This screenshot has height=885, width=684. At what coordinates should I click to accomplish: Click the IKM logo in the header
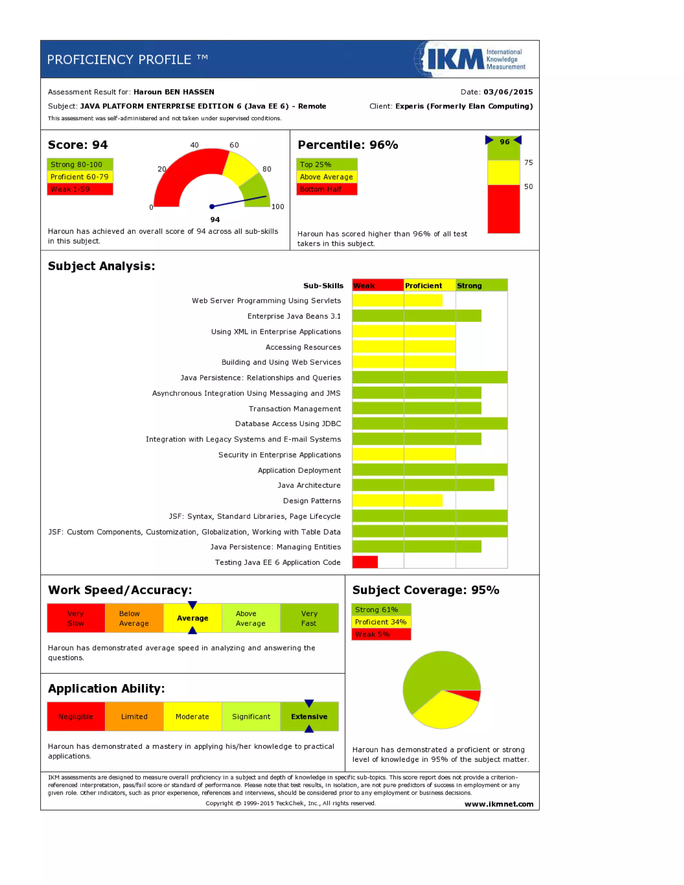pos(470,59)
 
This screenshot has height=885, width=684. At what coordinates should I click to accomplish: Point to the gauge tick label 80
pos(267,169)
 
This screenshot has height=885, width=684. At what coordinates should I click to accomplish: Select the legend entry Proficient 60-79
pos(80,177)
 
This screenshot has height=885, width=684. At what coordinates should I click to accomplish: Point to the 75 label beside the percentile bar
pos(528,163)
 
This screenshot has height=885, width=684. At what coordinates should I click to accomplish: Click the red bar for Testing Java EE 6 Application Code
pos(365,562)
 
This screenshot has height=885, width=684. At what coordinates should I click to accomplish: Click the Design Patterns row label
pos(312,501)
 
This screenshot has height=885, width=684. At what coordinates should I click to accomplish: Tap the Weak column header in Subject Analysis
pos(378,285)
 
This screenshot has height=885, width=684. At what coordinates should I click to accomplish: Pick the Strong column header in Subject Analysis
pos(481,285)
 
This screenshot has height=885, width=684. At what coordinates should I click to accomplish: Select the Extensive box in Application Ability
pos(309,716)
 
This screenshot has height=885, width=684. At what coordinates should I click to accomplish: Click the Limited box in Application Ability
pos(134,716)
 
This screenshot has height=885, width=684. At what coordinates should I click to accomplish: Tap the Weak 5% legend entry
pos(381,634)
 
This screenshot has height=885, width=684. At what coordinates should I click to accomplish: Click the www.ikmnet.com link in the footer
pos(499,804)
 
